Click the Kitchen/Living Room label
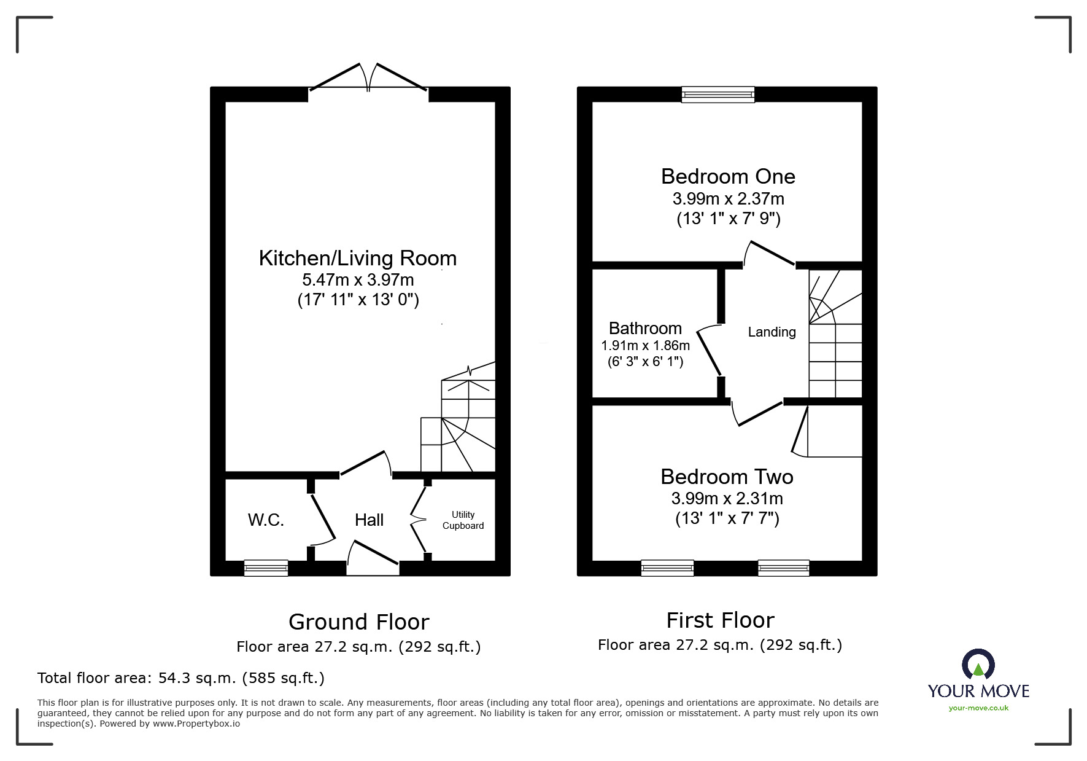(x=358, y=259)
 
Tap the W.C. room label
(x=266, y=520)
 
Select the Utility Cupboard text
(x=463, y=520)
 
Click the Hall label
(x=369, y=520)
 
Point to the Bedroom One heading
(x=728, y=177)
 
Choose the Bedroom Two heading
(x=727, y=477)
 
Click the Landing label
(x=772, y=332)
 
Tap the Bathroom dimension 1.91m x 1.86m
(x=645, y=346)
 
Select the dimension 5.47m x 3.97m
(x=358, y=280)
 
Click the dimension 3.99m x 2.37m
(x=728, y=199)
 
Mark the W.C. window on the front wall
(x=266, y=568)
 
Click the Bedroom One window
(x=718, y=95)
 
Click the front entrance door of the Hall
(x=373, y=556)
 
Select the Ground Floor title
(x=358, y=622)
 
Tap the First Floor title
(x=720, y=620)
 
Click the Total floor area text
(x=181, y=678)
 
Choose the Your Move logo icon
(x=978, y=665)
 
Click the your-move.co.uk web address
(x=978, y=708)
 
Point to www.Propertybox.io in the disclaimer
(x=196, y=724)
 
